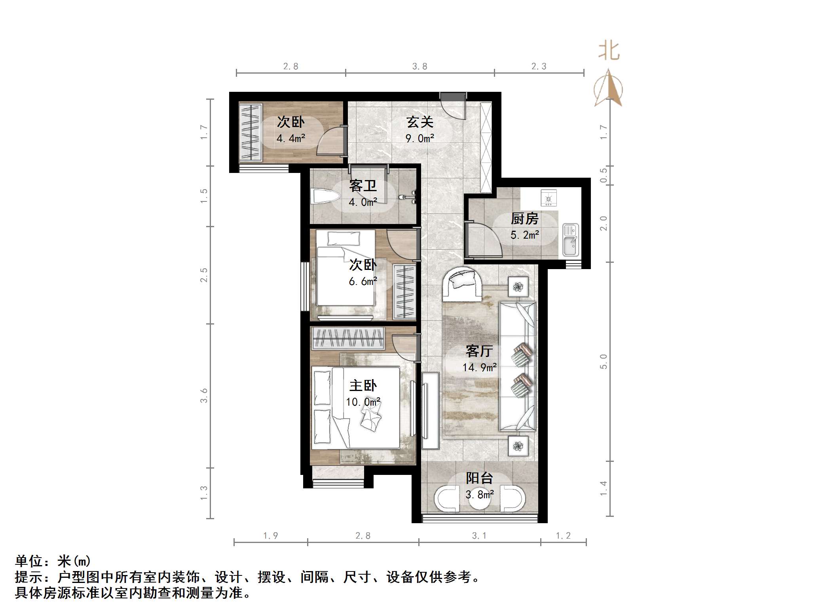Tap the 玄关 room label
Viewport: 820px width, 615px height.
tap(420, 122)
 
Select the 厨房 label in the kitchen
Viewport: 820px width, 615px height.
tap(524, 218)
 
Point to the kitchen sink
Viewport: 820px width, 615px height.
tap(570, 240)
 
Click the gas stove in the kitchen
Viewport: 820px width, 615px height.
tap(549, 198)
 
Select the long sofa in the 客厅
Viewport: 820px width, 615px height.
tap(518, 366)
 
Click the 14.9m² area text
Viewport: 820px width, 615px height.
tap(479, 368)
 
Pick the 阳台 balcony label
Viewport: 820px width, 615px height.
tap(479, 478)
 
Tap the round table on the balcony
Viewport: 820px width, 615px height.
tap(479, 500)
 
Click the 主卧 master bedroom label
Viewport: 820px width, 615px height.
tap(363, 385)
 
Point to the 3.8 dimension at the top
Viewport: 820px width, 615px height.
tap(419, 66)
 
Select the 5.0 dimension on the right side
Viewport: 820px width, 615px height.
tap(603, 361)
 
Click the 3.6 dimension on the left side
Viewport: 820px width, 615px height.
tap(204, 395)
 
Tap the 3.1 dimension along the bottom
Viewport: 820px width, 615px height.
tap(479, 536)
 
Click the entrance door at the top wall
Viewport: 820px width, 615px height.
tap(454, 104)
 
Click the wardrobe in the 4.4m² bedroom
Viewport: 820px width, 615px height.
tap(251, 132)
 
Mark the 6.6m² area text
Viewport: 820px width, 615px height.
tap(363, 281)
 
